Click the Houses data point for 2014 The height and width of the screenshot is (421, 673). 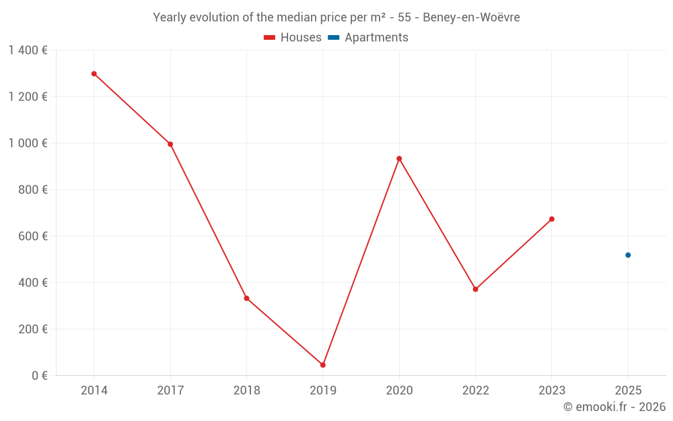point(94,73)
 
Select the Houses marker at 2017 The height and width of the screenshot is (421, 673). point(170,144)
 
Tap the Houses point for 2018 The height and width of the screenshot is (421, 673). point(246,298)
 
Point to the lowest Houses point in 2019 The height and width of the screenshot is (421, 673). point(323,365)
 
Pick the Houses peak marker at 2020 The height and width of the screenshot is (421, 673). point(399,158)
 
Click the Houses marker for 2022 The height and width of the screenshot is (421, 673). point(475,289)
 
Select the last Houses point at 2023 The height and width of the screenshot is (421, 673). point(552,219)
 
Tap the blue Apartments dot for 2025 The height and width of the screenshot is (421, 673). point(628,255)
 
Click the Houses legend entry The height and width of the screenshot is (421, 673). point(293,38)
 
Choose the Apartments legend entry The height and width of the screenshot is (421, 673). point(368,38)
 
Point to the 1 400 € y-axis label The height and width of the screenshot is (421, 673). point(28,51)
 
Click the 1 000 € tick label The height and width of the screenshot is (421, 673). point(28,143)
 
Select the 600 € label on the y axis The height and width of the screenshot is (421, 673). point(32,236)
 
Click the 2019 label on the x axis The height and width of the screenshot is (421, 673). point(323,391)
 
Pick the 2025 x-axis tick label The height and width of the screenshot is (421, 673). point(628,391)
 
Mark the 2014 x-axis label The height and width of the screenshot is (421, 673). point(94,391)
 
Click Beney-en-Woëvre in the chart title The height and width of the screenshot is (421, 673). point(471,18)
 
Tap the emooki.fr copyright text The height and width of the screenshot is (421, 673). point(614,407)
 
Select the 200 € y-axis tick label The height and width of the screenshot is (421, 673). point(32,329)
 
